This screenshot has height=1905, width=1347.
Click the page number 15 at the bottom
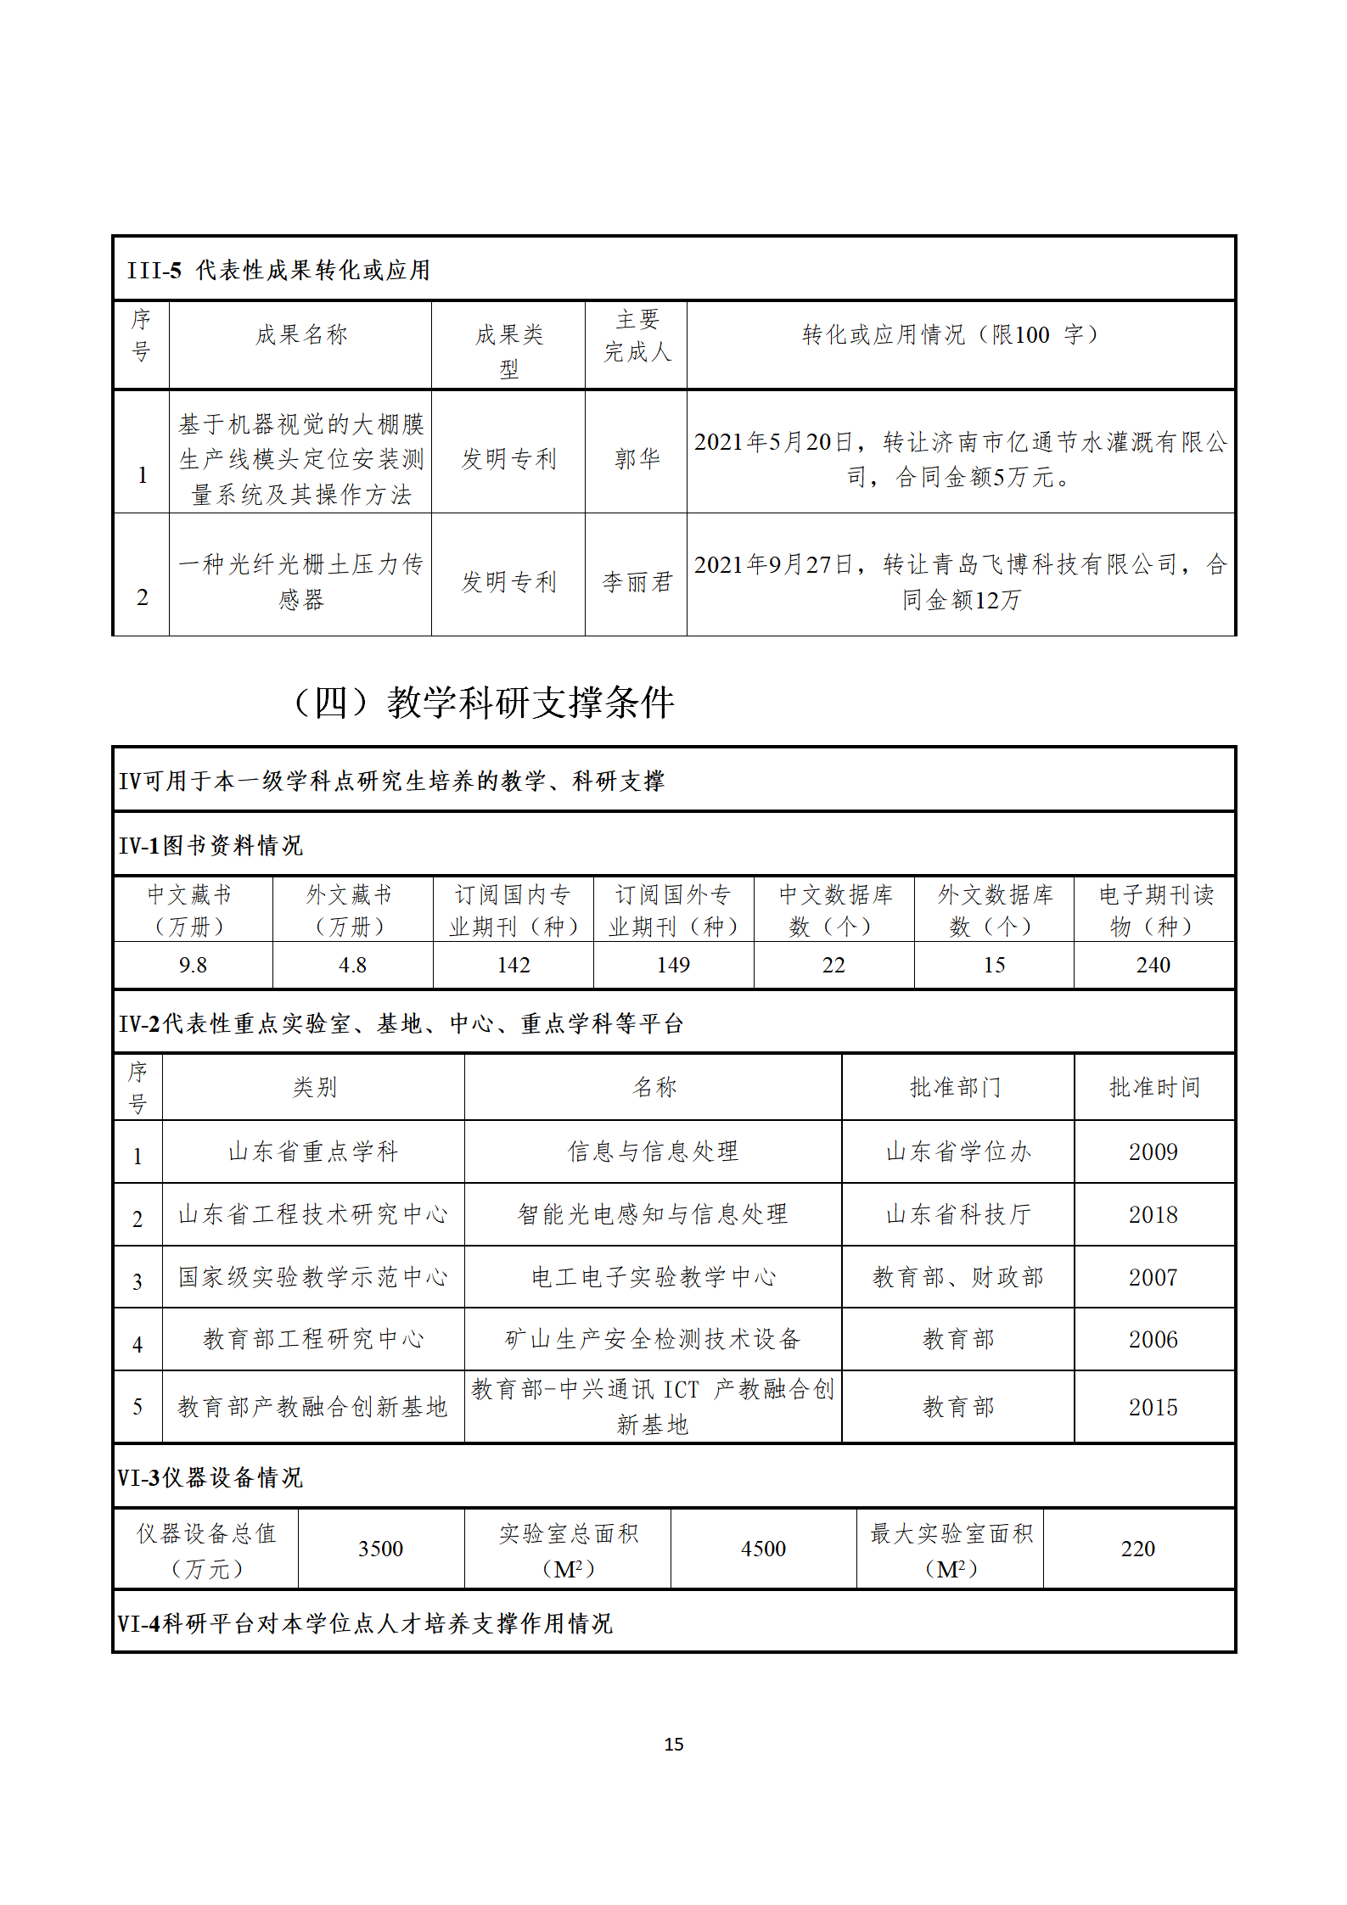point(674,1744)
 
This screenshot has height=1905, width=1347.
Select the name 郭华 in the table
point(637,459)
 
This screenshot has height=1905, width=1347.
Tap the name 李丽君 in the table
point(637,582)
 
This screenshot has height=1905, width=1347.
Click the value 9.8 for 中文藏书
point(193,965)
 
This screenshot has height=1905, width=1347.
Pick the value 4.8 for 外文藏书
point(352,965)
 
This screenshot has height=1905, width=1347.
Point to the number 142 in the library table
point(513,965)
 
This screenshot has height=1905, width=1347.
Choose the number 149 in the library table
point(673,965)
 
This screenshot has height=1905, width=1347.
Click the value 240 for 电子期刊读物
point(1153,965)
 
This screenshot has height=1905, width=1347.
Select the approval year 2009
point(1153,1151)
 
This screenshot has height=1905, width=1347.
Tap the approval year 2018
point(1153,1214)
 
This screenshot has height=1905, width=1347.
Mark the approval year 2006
point(1153,1339)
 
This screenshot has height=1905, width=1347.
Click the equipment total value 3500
point(380,1549)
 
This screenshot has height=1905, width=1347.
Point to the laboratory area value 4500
point(763,1549)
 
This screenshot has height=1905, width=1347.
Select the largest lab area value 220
point(1137,1549)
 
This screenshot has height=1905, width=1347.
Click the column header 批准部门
point(956,1087)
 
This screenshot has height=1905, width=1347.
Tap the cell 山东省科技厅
point(957,1214)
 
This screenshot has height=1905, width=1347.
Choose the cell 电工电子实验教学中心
point(653,1277)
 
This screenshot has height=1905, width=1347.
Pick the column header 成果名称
point(301,335)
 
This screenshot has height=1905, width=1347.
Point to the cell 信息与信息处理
point(653,1151)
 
